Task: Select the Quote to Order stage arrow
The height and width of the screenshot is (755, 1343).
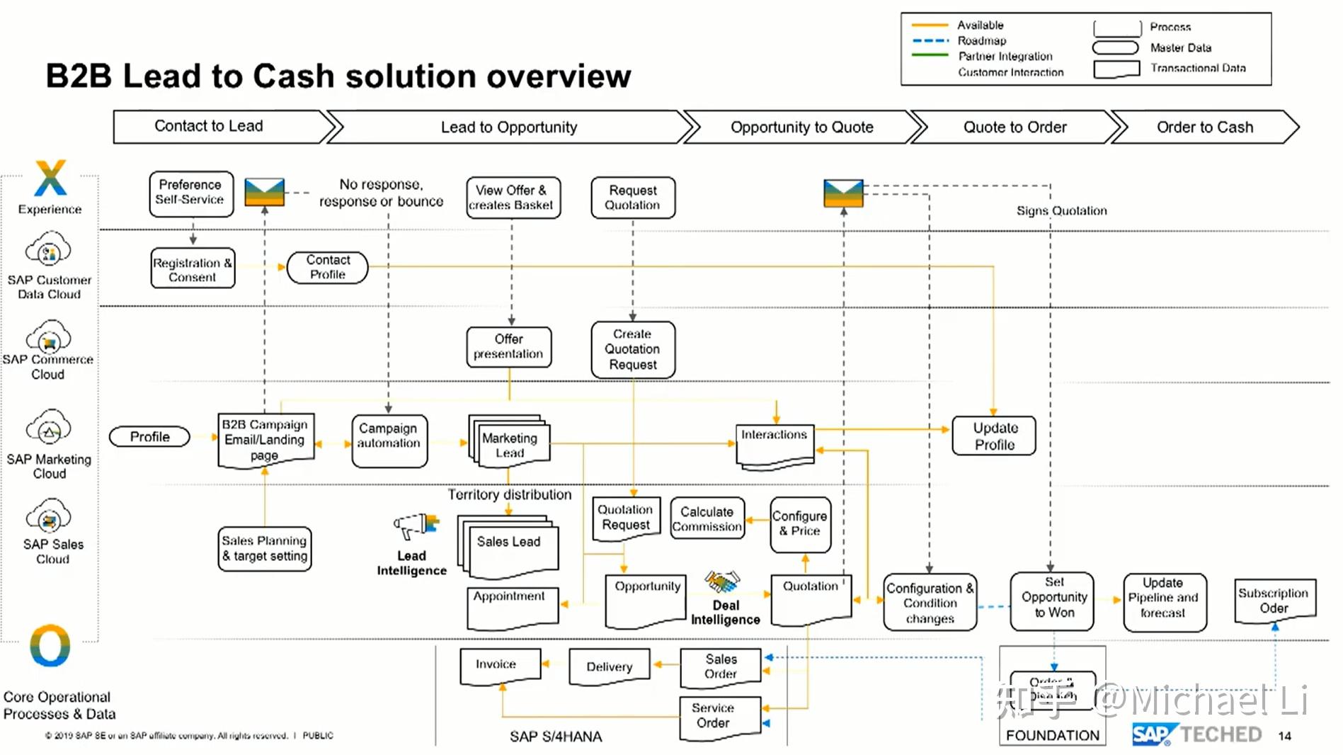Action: point(1015,127)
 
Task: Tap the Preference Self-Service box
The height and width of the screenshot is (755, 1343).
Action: point(190,193)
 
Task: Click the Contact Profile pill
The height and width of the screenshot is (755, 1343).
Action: point(327,268)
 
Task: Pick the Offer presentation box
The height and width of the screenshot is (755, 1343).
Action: point(508,347)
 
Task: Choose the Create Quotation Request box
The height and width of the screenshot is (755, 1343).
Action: point(633,349)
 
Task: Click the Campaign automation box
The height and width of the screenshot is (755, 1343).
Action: point(389,441)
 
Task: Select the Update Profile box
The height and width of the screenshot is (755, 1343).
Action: point(994,436)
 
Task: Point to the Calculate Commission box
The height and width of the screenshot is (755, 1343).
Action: point(707,519)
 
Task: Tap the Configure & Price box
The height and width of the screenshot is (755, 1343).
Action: point(800,524)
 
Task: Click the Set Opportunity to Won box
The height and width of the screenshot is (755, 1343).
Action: point(1053,601)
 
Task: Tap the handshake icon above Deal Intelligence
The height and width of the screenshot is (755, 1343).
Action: point(722,582)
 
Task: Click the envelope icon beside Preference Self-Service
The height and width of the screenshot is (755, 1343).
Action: point(264,192)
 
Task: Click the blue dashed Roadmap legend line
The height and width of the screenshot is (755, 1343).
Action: point(930,40)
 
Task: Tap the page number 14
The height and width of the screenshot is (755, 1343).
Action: point(1284,737)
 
